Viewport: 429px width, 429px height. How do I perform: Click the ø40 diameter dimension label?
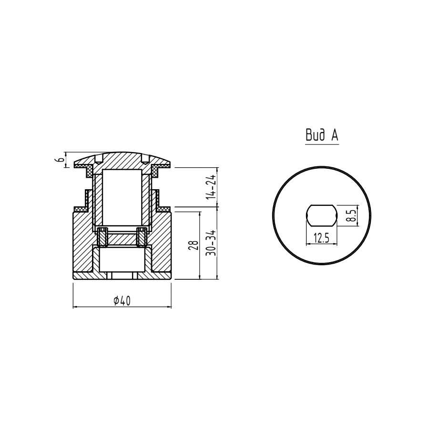(x=122, y=301)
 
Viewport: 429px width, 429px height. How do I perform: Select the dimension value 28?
(x=194, y=245)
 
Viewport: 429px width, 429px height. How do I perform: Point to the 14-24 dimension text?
(x=212, y=187)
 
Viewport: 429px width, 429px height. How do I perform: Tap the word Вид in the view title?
(x=315, y=135)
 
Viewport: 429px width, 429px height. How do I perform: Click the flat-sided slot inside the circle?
(x=321, y=215)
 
